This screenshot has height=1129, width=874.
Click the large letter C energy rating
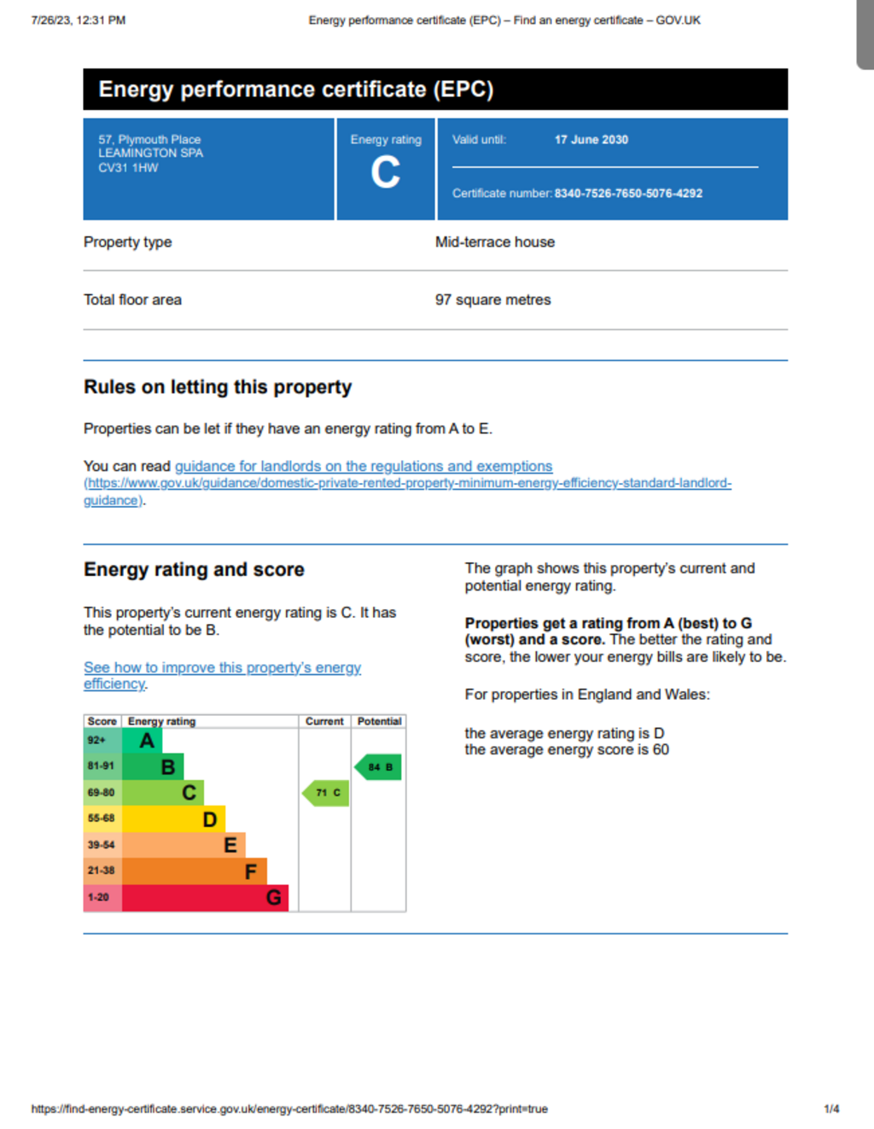[x=385, y=172]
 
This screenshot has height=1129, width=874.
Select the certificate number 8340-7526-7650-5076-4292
[x=628, y=194]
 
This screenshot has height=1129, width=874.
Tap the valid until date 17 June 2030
[x=591, y=140]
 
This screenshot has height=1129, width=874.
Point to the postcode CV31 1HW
[x=128, y=168]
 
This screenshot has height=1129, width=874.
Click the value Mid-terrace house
[x=494, y=242]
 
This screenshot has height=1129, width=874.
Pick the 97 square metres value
[x=492, y=300]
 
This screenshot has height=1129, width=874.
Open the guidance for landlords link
[x=364, y=467]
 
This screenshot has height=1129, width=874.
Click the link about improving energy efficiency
[x=222, y=668]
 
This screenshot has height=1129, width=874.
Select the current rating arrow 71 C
[x=327, y=793]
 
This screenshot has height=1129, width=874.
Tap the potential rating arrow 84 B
[x=379, y=767]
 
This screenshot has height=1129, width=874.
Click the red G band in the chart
[x=205, y=898]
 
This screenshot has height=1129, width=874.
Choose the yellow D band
[x=173, y=819]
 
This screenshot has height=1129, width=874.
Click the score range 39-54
[x=101, y=845]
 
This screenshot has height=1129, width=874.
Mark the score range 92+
[x=96, y=741]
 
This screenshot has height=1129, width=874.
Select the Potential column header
[x=379, y=722]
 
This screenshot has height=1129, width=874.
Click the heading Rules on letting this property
[x=218, y=387]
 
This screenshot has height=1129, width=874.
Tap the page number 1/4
[x=831, y=1109]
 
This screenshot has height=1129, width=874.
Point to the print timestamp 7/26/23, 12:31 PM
[x=79, y=20]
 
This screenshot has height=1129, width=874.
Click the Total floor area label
[x=132, y=300]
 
